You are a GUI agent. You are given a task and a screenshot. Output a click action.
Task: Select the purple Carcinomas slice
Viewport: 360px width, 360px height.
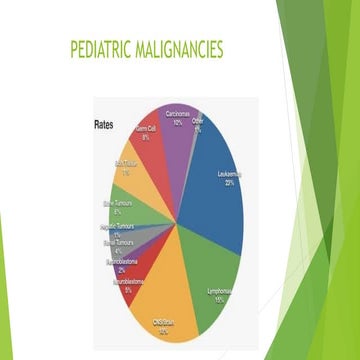pyautogui.click(x=176, y=135)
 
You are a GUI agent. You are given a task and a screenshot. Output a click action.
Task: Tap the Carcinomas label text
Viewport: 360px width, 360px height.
pyautogui.click(x=178, y=116)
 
